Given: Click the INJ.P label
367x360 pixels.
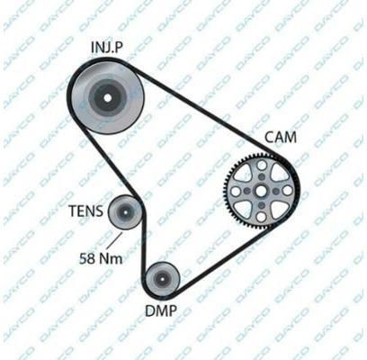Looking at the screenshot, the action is pos(107,47).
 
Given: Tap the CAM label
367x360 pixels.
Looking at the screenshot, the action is pos(281,138).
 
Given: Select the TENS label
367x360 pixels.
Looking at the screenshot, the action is pos(86,211).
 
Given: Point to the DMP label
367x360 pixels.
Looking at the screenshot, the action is pos(161,310).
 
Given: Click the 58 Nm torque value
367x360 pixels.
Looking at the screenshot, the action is pos(101,258).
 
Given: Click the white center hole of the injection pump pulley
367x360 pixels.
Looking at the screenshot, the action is pos(108,98).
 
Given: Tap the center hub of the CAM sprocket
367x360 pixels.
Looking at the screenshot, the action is pos(261,191).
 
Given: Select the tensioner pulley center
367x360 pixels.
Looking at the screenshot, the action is pos(125,212).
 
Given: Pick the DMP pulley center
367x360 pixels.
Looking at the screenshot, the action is pos(162,279).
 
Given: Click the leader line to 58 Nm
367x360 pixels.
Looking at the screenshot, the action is pos(115,242).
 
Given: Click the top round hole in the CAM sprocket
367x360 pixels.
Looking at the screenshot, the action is pos(262,165).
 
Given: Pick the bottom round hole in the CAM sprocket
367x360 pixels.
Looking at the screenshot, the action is pos(261,216).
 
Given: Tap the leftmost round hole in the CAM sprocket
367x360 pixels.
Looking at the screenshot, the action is pos(236,191).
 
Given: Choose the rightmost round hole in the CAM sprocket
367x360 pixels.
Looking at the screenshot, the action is pos(287,191).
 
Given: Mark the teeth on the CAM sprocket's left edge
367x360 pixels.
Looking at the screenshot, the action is pos(227,191).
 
